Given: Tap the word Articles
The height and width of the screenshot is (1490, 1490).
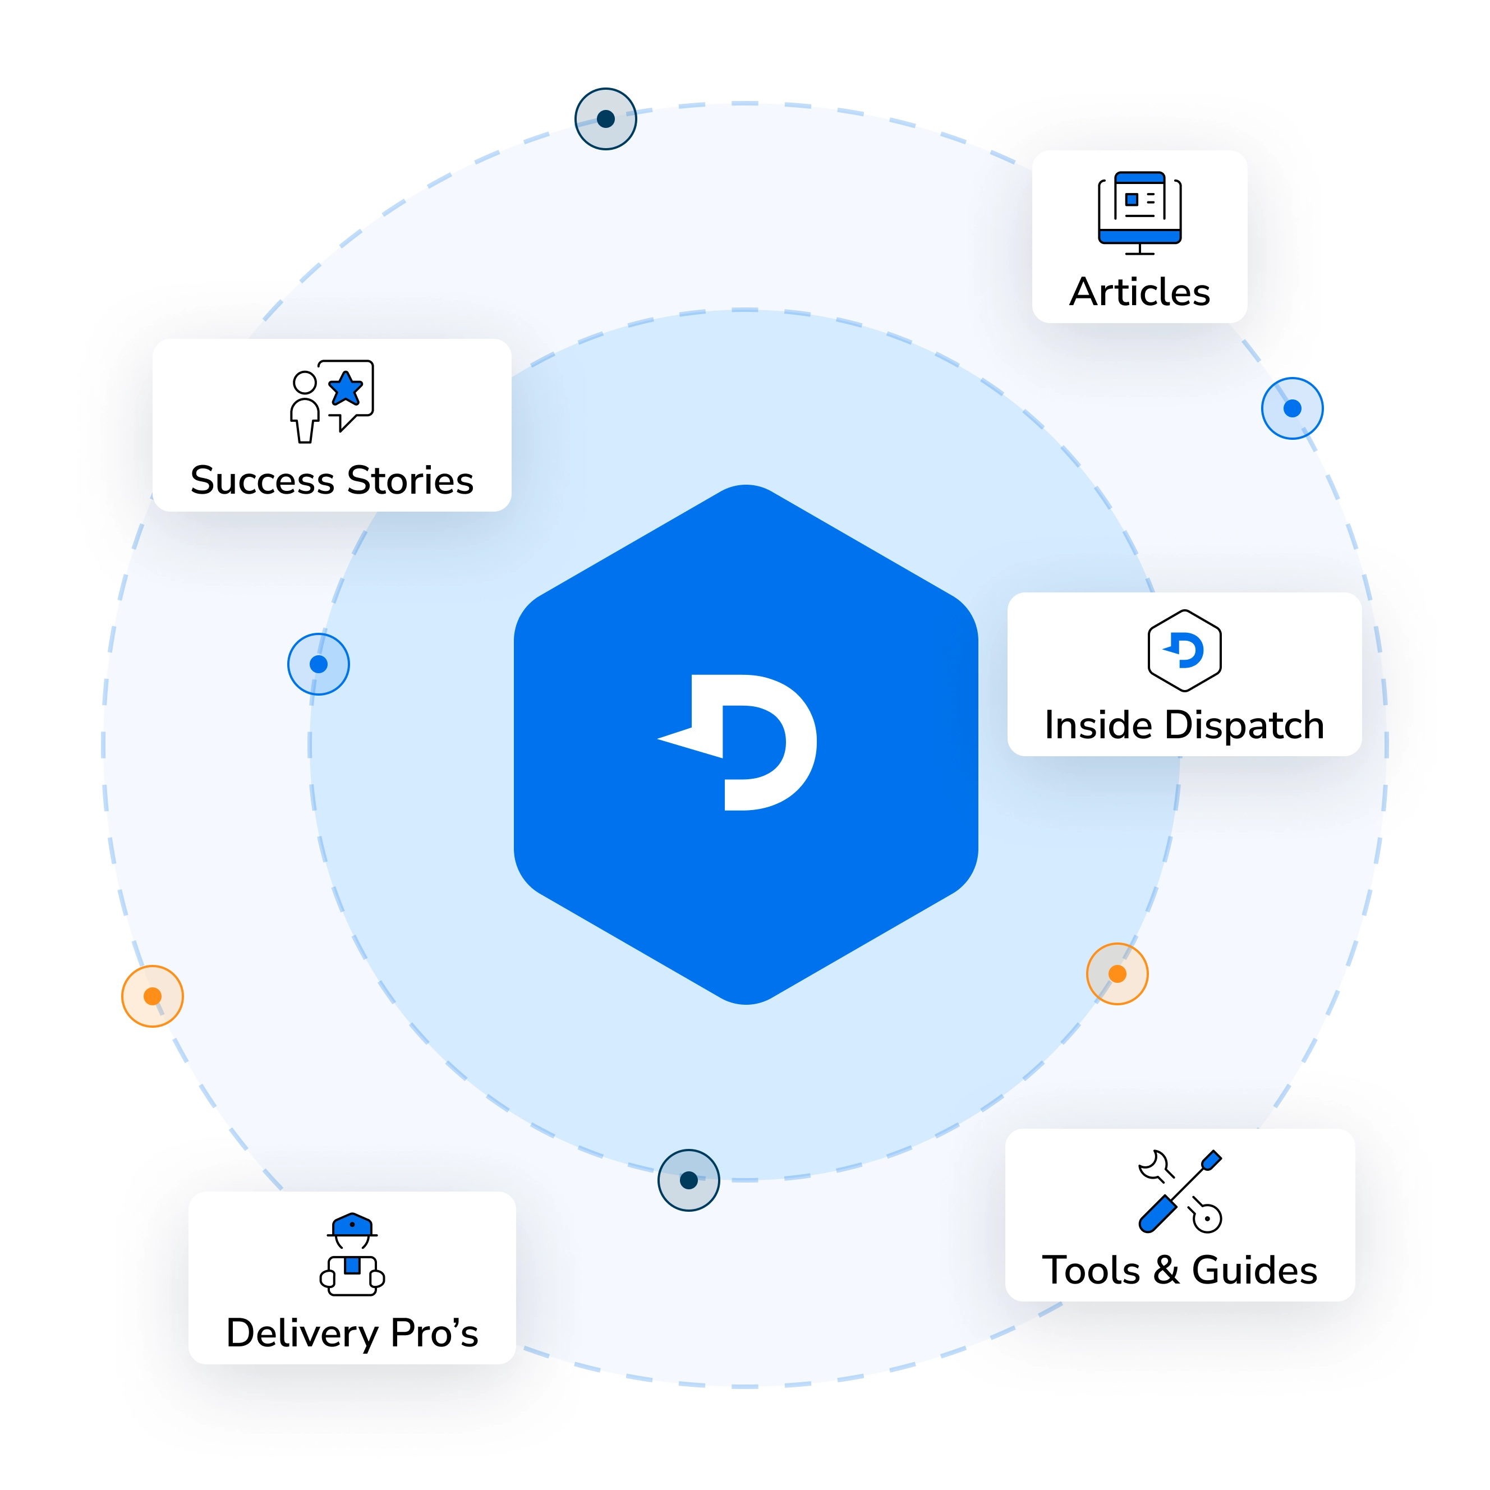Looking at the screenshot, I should (x=1139, y=292).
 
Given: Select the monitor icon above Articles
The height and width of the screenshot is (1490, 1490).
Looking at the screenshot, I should (x=1139, y=210).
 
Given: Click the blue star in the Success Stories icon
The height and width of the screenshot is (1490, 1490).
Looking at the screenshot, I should (x=346, y=389).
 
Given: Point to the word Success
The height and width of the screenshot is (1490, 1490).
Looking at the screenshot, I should (x=262, y=480).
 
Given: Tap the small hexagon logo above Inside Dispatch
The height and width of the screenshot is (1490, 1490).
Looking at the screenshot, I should (x=1184, y=650).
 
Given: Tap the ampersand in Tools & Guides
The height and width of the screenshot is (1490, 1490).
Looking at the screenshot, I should (x=1166, y=1270).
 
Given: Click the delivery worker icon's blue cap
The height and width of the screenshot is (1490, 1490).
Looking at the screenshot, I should (x=352, y=1224).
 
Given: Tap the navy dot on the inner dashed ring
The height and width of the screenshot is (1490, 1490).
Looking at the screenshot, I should (x=689, y=1180).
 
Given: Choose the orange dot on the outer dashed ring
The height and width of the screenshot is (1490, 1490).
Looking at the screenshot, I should (x=153, y=996).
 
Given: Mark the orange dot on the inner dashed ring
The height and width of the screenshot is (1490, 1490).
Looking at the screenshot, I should (x=1117, y=974).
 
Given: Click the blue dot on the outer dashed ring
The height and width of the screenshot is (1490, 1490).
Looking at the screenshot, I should (x=1292, y=408).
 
